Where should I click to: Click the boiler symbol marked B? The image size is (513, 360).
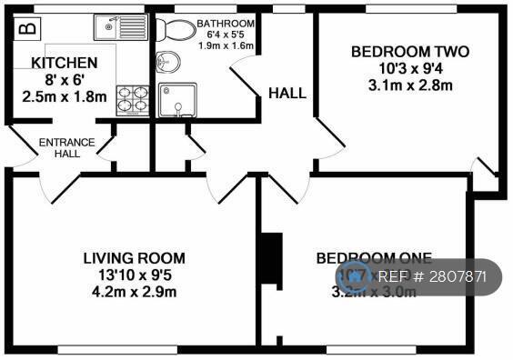click(27, 27)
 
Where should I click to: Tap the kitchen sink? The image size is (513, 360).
click(118, 28)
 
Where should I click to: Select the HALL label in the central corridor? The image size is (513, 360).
click(287, 93)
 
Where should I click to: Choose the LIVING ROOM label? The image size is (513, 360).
click(134, 257)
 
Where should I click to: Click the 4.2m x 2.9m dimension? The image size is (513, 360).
click(134, 292)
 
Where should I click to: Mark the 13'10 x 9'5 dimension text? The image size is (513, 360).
click(134, 275)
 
